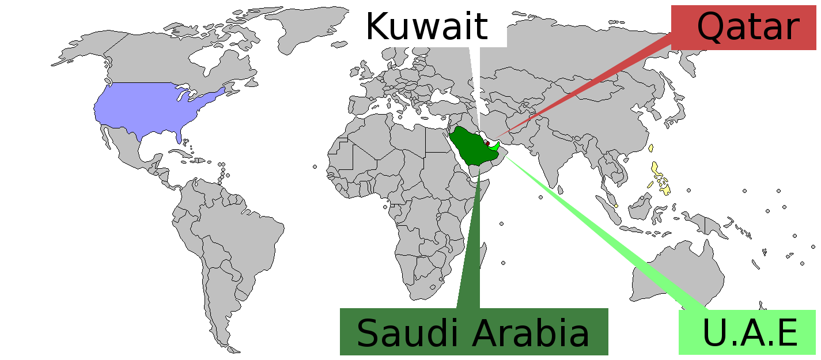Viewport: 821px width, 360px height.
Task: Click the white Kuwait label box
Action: tap(427, 26)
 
